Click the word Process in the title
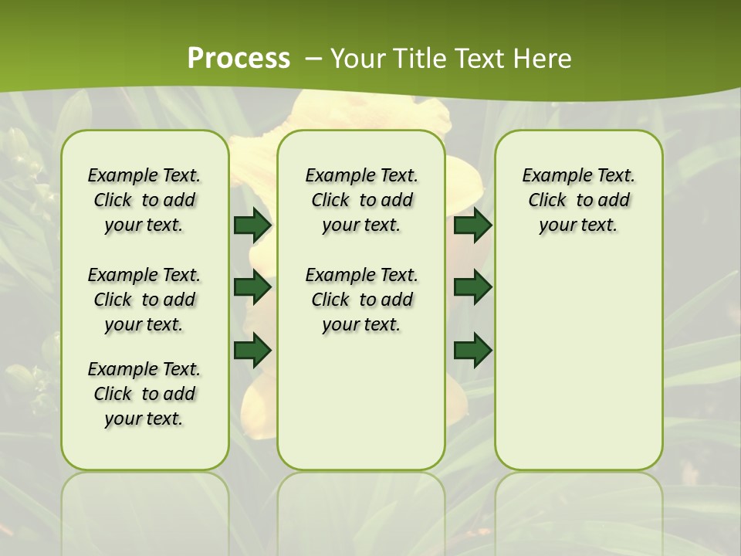point(239,59)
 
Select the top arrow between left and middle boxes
point(252,225)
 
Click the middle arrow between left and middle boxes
point(252,287)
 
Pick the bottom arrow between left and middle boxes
point(252,350)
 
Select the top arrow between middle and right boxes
point(473,225)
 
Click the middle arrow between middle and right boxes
point(473,287)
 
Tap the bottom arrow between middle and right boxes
point(473,350)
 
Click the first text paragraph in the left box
point(144,200)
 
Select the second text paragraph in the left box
point(144,300)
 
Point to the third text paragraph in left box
point(144,394)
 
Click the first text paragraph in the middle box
point(361,200)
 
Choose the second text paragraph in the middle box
point(361,300)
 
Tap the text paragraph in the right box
point(579,200)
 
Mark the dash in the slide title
point(313,59)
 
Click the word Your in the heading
point(358,59)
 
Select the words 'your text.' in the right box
point(579,225)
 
